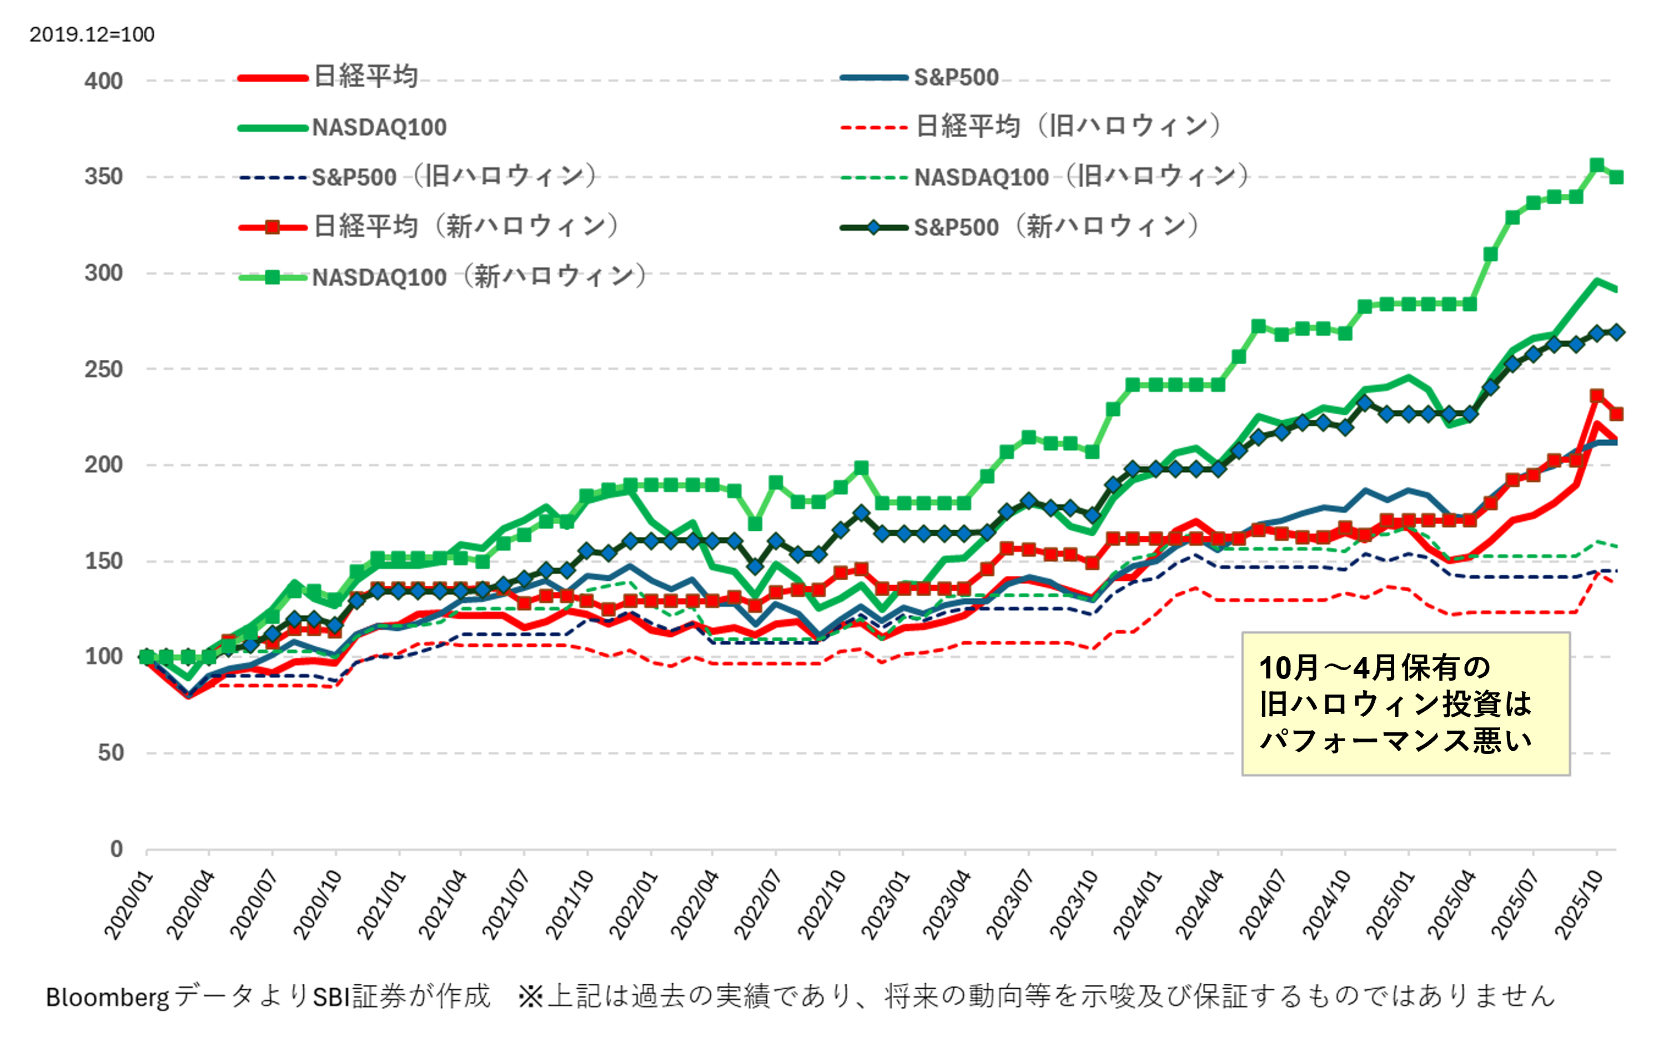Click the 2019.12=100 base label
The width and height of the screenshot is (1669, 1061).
point(92,34)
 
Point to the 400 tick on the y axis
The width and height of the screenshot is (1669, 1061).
point(103,81)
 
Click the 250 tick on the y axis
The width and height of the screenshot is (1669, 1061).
point(103,369)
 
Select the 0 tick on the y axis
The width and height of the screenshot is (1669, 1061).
point(117,849)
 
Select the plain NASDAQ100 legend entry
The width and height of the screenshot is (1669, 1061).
point(379,128)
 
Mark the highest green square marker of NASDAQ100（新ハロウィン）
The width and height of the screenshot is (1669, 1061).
point(1597,165)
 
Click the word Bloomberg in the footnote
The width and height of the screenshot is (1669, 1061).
point(107,997)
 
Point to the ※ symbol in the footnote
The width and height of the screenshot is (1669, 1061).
point(531,997)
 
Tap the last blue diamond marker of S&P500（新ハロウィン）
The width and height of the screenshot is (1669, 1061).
point(1616,333)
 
